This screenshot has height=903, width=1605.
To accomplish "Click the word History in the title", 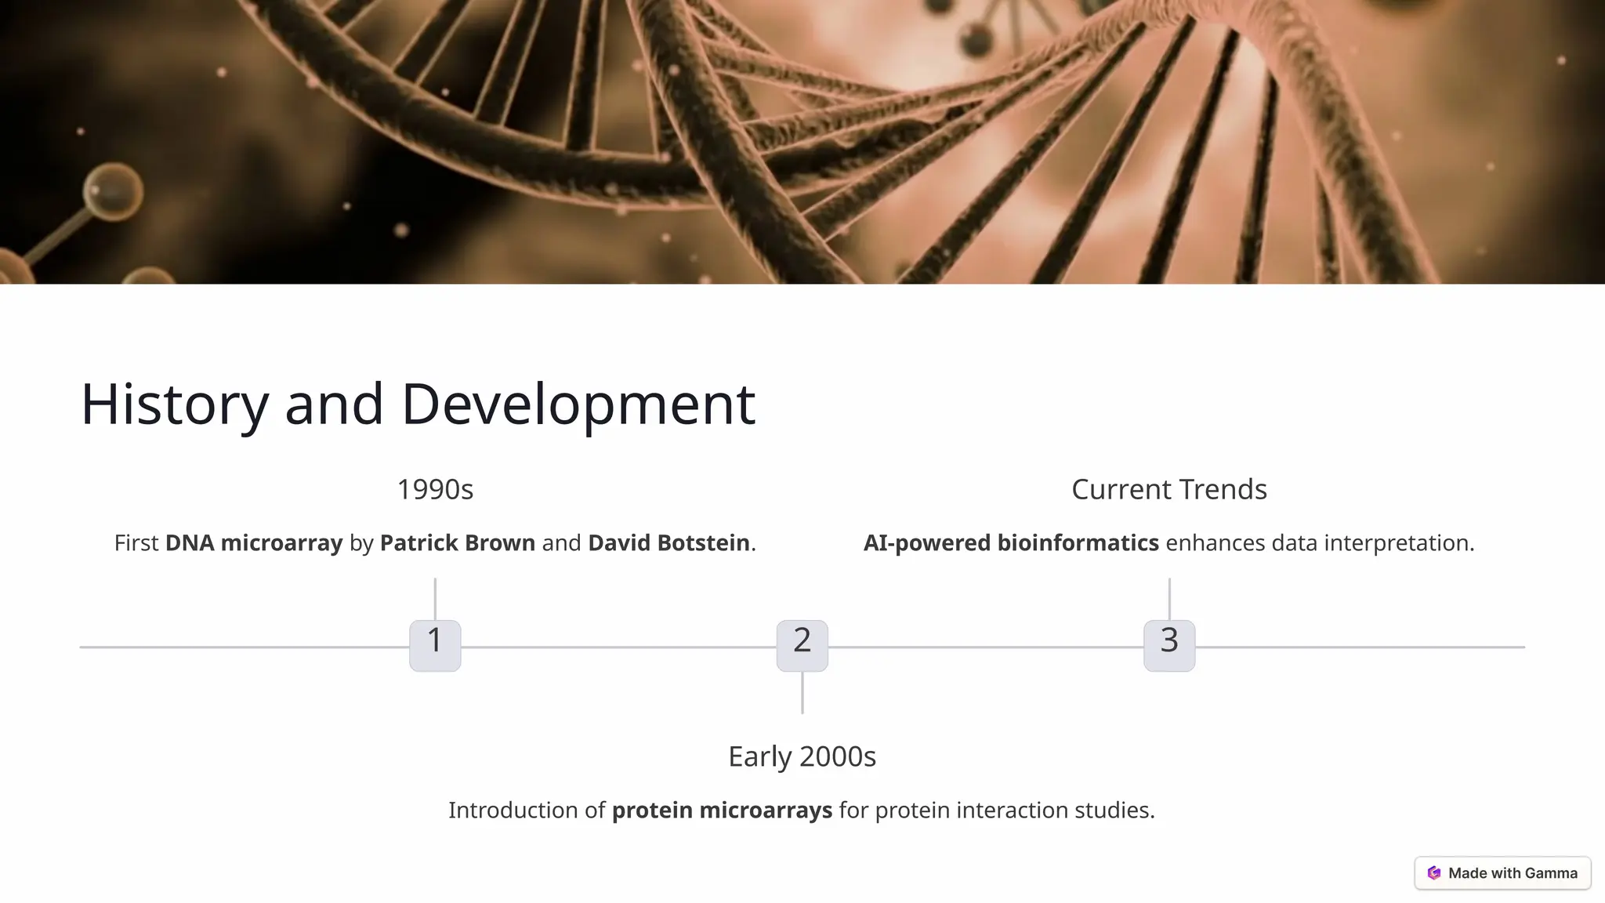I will click(174, 404).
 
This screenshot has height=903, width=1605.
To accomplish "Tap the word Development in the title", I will click(578, 404).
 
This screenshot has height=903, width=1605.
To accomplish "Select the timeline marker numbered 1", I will click(435, 645).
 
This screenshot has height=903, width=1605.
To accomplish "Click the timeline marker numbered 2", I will click(802, 645).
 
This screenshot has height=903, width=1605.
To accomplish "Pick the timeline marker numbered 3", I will click(1169, 645).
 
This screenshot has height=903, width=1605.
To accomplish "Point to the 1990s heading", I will click(435, 490).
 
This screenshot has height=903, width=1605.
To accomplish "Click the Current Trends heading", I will click(1168, 490).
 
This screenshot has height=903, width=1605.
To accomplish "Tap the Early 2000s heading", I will click(802, 756).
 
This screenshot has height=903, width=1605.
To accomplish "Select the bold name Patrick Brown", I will click(458, 542).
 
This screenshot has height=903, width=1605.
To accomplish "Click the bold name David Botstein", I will click(668, 542).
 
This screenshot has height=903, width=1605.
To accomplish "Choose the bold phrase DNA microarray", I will click(254, 542).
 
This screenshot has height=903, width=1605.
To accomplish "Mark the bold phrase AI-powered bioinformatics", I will click(1011, 542).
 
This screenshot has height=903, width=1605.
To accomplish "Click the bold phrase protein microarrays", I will click(722, 810).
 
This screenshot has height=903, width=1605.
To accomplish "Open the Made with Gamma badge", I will click(1502, 873).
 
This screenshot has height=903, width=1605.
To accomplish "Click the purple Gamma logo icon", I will click(1434, 873).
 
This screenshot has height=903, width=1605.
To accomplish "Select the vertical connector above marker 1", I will click(435, 599).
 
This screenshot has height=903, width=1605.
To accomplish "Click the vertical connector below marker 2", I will click(802, 692).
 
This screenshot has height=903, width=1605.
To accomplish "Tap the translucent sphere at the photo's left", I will click(114, 191).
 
